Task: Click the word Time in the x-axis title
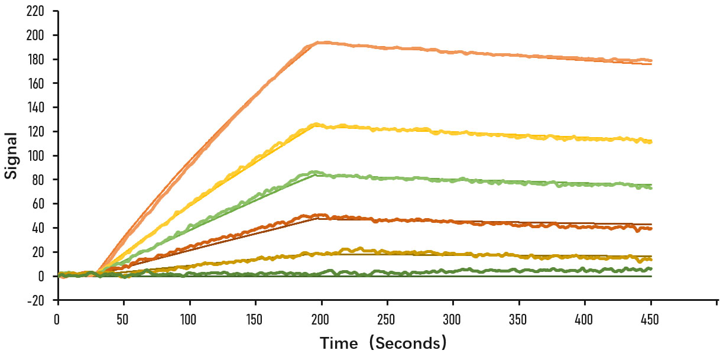(x=339, y=343)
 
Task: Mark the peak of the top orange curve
(x=319, y=43)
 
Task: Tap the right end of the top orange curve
(x=651, y=61)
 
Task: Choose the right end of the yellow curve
(x=651, y=142)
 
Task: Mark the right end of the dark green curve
(x=651, y=269)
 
